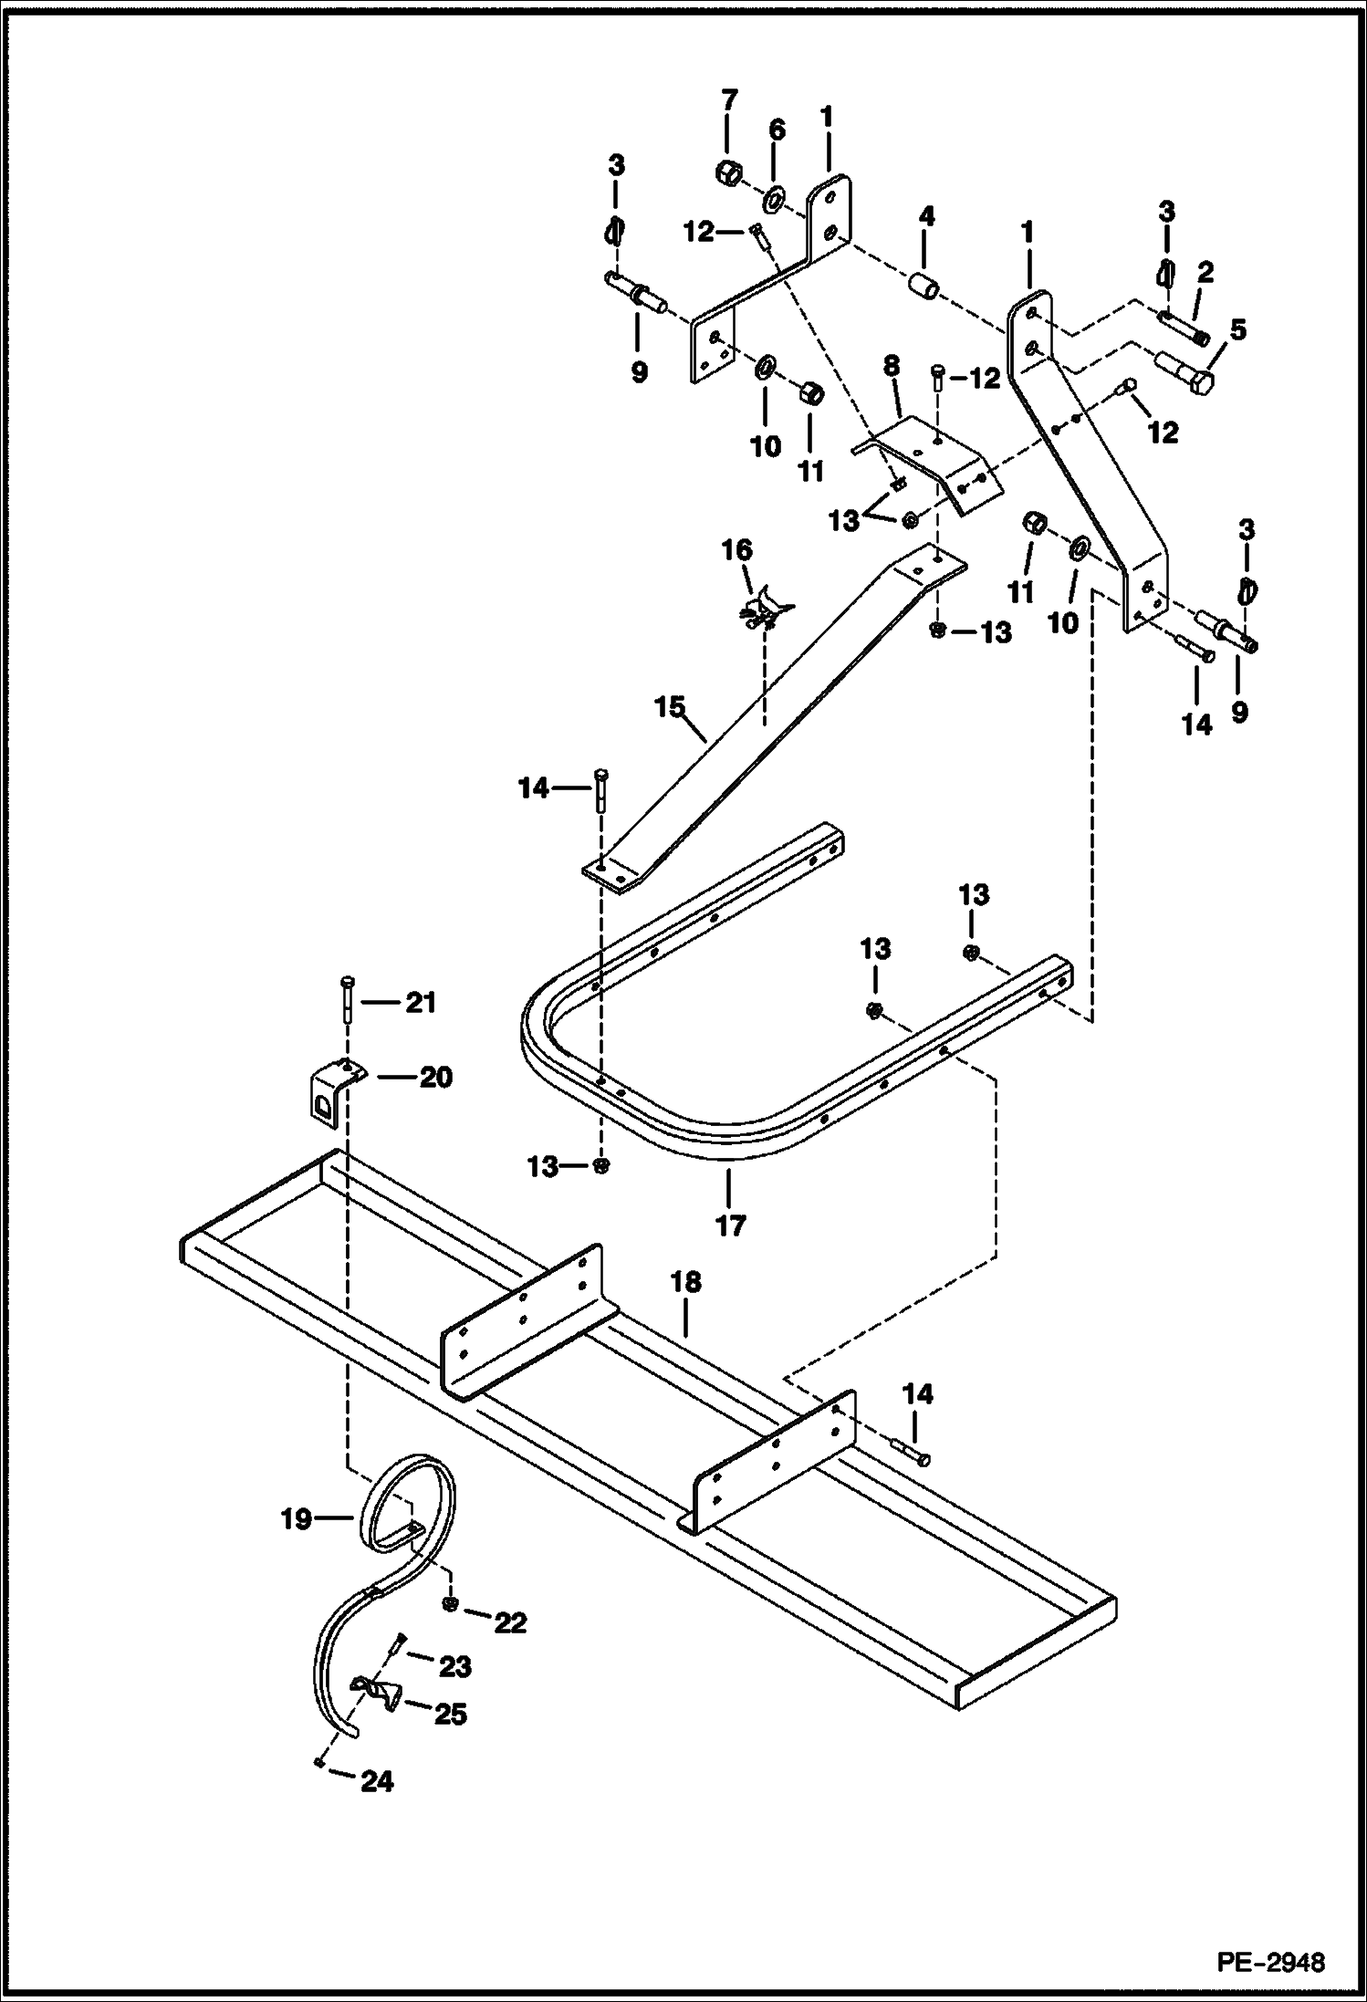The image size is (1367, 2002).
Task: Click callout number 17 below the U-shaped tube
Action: point(730,1225)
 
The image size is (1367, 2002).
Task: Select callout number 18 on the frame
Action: point(685,1282)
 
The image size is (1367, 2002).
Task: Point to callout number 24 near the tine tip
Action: point(376,1781)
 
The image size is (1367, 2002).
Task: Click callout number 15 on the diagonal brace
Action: point(671,707)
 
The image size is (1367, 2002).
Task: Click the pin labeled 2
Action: point(1184,328)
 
